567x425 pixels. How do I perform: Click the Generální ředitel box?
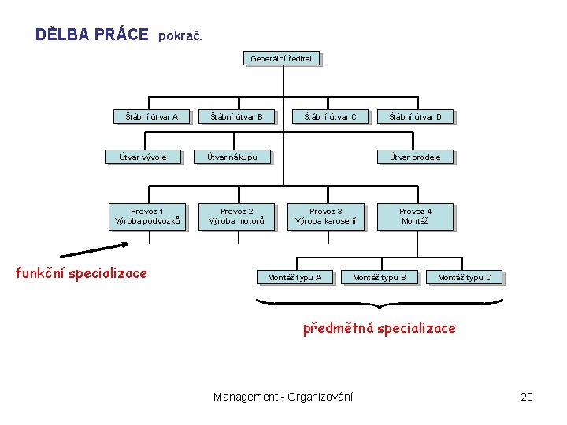tap(281, 58)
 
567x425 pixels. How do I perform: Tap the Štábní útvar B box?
tap(236, 117)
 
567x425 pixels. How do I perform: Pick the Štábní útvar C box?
tap(331, 117)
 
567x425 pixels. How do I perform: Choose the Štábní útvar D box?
tap(416, 117)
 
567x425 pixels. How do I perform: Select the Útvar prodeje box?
tap(416, 157)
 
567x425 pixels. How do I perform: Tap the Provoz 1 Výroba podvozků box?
tap(148, 216)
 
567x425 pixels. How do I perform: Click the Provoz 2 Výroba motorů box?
tap(237, 216)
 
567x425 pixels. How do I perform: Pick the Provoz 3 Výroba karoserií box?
tap(326, 216)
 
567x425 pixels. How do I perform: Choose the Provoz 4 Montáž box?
tap(415, 216)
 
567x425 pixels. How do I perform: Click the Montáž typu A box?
tap(295, 277)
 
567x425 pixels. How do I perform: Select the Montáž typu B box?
tap(380, 277)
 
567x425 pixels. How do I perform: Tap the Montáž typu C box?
tap(464, 277)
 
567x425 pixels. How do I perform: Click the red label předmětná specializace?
tap(380, 328)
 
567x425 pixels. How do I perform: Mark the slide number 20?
tap(527, 397)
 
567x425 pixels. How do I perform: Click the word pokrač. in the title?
tap(181, 36)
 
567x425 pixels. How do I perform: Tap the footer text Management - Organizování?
tap(283, 397)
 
